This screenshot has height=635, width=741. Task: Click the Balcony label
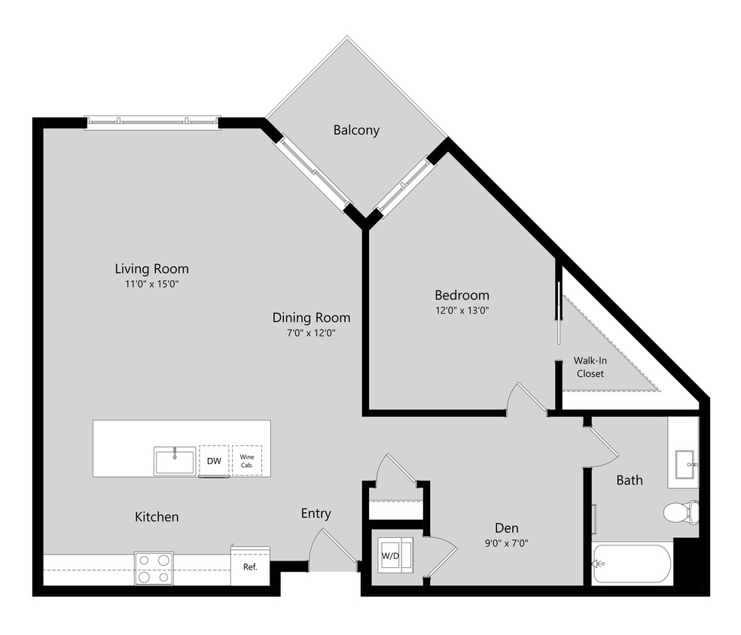356,130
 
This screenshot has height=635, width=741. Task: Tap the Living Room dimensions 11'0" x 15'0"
151,284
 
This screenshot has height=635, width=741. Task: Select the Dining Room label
311,317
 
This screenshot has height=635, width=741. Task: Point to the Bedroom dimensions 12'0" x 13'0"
462,310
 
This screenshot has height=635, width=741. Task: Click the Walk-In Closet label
590,366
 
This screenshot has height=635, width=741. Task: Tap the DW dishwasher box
214,460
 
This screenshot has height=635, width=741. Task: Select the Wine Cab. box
246,460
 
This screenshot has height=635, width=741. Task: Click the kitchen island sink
175,460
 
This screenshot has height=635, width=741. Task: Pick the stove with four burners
153,568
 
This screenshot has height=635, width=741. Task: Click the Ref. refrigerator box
250,567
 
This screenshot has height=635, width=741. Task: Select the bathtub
632,564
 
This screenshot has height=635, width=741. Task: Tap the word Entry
316,513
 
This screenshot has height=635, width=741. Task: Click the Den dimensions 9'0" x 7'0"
506,543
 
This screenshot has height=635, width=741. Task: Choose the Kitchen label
157,517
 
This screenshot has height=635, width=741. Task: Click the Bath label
630,479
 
